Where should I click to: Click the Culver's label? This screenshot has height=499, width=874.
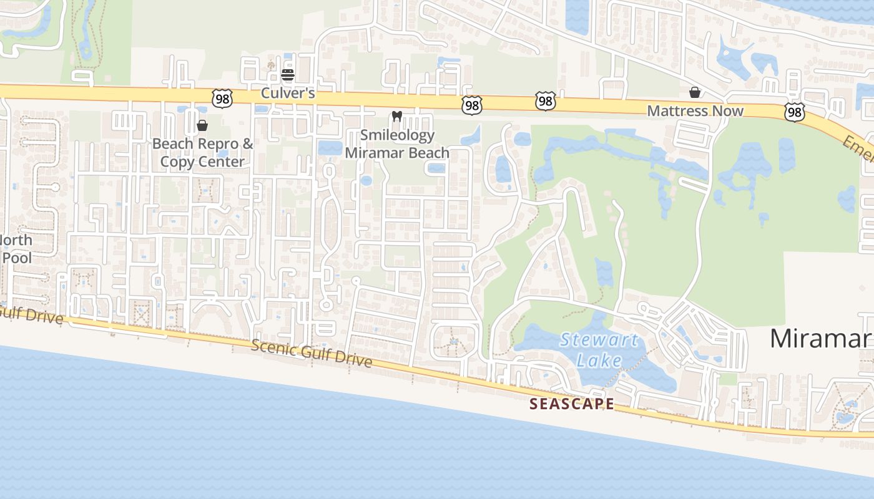click(288, 94)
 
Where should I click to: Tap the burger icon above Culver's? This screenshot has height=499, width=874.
click(288, 75)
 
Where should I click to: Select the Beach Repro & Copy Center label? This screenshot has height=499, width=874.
click(203, 153)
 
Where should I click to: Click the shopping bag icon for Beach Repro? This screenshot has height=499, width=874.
click(202, 126)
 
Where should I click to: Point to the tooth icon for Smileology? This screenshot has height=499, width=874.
click(396, 117)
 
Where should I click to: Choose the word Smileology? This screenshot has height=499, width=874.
click(397, 135)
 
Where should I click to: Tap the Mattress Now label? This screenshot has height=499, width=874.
click(695, 111)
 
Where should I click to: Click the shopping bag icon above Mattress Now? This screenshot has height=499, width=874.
click(694, 93)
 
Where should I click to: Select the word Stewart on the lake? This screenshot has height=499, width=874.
click(599, 341)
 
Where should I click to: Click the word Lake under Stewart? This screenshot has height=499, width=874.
click(599, 360)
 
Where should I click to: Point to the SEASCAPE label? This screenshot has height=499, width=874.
click(571, 404)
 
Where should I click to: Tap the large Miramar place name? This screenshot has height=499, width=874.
click(820, 338)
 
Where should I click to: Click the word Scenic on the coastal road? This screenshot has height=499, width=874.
click(273, 347)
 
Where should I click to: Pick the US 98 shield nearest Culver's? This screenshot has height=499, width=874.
click(222, 98)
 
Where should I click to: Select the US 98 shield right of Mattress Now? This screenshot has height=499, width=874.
click(794, 112)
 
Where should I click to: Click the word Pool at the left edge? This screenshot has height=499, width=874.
click(17, 258)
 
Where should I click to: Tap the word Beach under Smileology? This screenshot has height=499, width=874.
click(427, 153)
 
